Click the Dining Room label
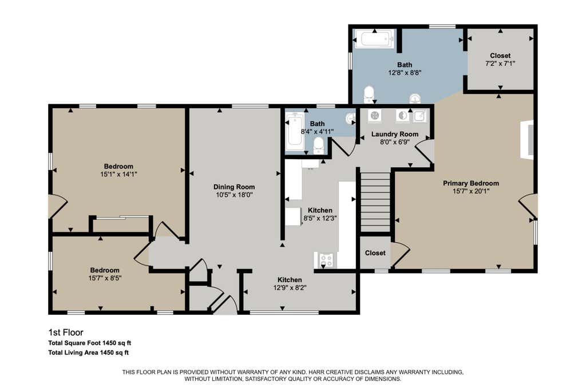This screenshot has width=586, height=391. point(234,187)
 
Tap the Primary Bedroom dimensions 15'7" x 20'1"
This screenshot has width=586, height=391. point(471,191)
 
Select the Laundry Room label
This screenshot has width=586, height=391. point(395,134)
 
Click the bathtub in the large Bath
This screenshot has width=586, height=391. point(374,40)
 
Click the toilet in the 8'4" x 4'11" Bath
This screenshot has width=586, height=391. point(318,146)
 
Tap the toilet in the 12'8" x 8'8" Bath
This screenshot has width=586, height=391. point(369,94)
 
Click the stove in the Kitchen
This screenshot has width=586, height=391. point(326,260)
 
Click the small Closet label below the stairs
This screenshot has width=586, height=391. point(375,253)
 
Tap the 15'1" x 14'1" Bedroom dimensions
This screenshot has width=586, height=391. point(118,174)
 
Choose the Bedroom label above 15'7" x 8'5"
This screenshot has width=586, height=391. point(105,270)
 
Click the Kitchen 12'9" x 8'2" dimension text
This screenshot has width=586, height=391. point(290,288)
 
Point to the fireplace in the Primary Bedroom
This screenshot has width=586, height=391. point(528,140)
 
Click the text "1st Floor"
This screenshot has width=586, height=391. point(66,332)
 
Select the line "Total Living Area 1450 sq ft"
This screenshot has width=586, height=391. point(89,353)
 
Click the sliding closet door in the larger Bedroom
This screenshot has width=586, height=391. point(121,217)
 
